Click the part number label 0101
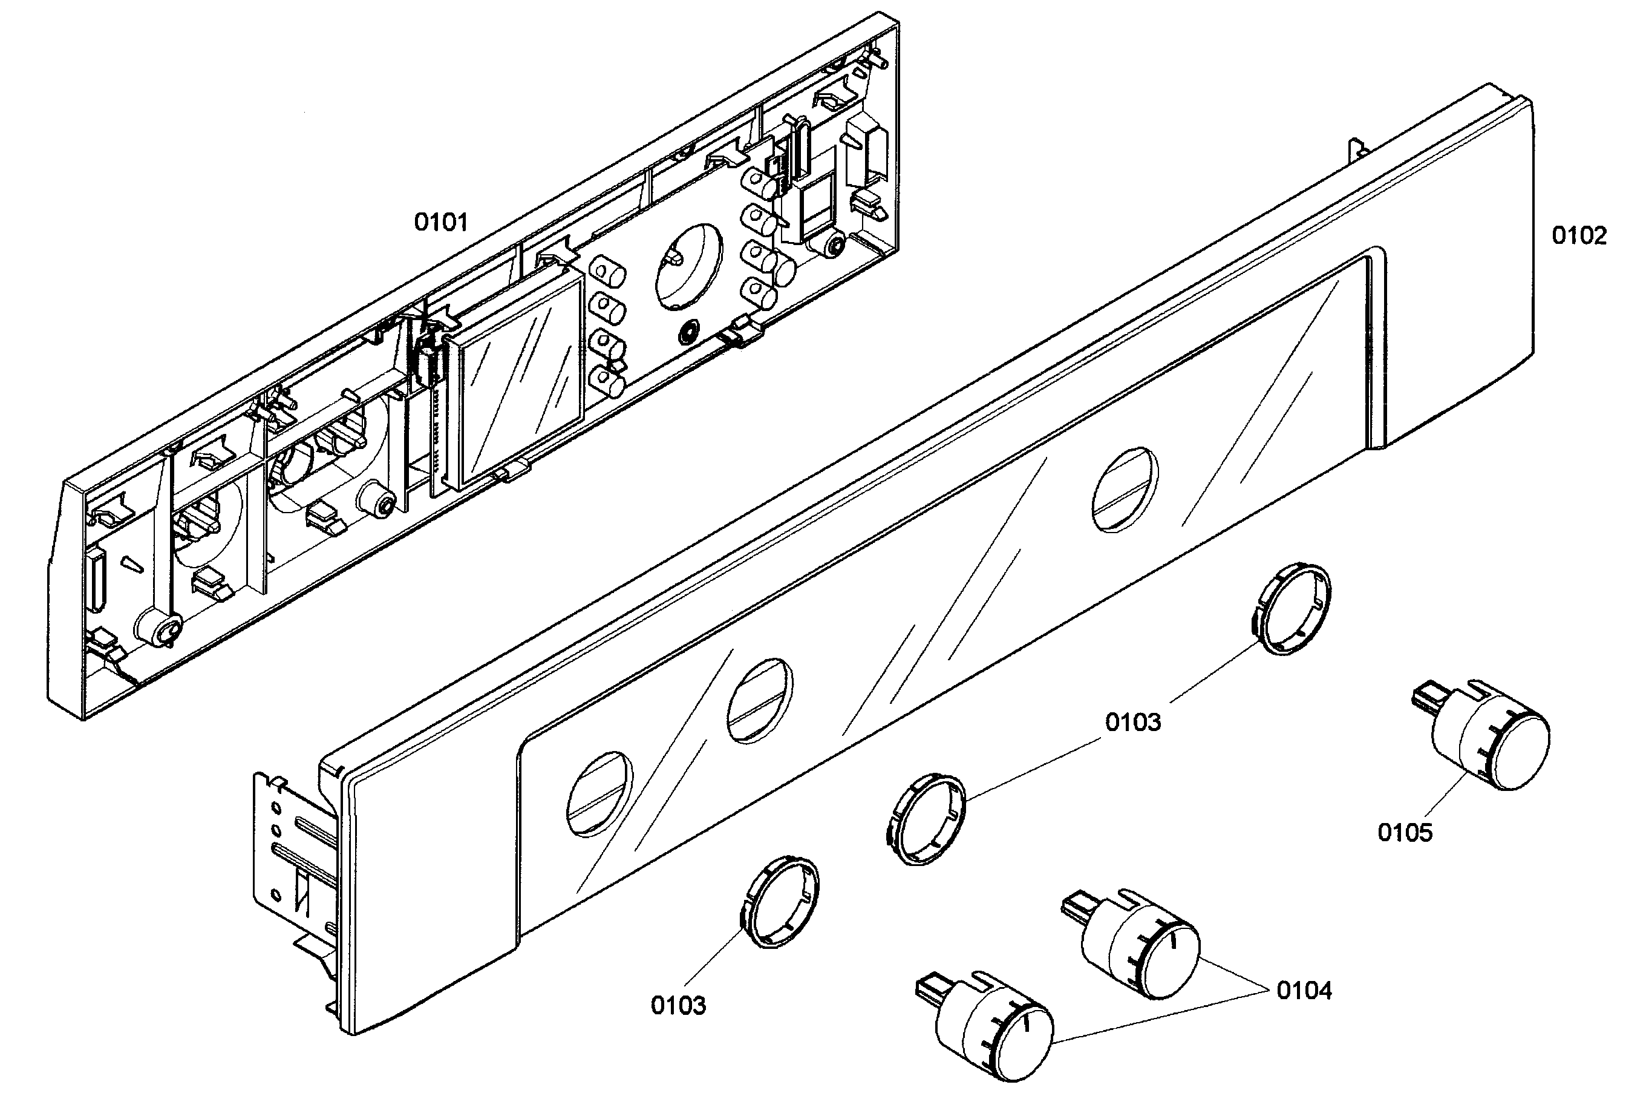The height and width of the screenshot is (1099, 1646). pyautogui.click(x=440, y=222)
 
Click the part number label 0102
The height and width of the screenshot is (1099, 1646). pyautogui.click(x=1579, y=235)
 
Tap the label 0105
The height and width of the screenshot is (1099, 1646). pyautogui.click(x=1405, y=833)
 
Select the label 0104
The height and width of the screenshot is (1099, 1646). pyautogui.click(x=1304, y=990)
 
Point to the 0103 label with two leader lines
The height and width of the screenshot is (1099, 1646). pyautogui.click(x=1132, y=722)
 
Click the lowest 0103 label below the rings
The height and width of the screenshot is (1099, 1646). pyautogui.click(x=678, y=1005)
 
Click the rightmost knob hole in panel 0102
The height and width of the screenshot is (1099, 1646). pyautogui.click(x=1125, y=489)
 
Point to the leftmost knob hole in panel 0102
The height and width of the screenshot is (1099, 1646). pyautogui.click(x=599, y=793)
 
